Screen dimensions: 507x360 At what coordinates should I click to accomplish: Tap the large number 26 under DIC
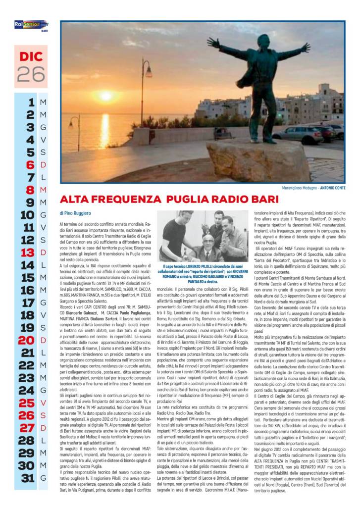31,73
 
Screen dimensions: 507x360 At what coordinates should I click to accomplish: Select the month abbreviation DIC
31,56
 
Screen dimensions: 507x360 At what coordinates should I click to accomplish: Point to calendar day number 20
26,341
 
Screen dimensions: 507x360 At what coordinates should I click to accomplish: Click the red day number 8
30,190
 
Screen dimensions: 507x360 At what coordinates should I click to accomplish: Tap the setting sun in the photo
105,96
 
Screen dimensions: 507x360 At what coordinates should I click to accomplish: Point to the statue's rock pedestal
258,161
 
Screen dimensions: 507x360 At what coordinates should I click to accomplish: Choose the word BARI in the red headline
265,200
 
